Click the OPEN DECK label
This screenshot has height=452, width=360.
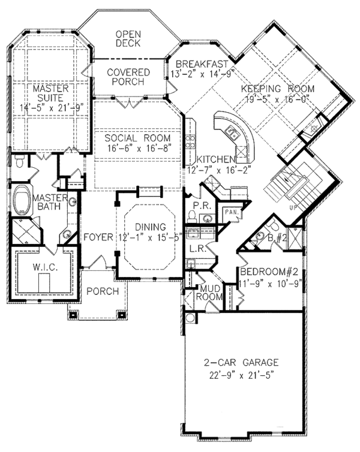coord(128,38)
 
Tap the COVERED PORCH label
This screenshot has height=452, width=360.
coord(128,77)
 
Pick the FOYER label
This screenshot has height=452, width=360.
coord(98,237)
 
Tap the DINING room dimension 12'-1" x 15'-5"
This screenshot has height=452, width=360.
coord(151,237)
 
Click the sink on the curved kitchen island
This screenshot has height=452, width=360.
coord(232,132)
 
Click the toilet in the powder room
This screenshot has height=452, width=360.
coord(191,216)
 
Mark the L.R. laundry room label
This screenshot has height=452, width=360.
coord(197,248)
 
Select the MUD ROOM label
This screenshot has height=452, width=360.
coord(209,293)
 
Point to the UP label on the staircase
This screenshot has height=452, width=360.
coord(293,207)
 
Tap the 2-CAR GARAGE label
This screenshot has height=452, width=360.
coord(241,362)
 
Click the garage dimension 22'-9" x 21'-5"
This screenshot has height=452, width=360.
coord(241,376)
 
